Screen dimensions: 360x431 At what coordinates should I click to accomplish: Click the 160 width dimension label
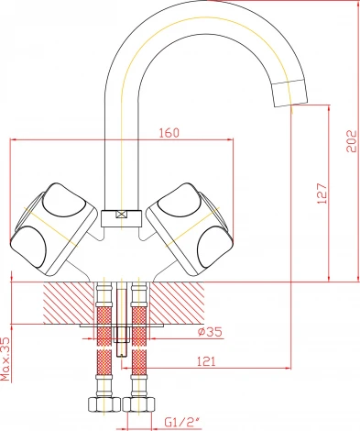tap(169, 133)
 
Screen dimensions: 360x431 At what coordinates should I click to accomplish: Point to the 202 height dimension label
tap(352, 141)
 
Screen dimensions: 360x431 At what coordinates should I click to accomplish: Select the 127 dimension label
tap(322, 193)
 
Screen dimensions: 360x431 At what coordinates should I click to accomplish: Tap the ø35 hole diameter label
tap(210, 332)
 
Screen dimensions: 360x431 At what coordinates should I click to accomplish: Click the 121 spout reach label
tap(205, 361)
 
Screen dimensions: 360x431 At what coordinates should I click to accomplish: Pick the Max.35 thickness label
tap(5, 359)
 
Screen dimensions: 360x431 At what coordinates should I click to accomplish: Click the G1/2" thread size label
tap(181, 423)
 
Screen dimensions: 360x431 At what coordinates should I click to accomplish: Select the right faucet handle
tap(191, 228)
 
